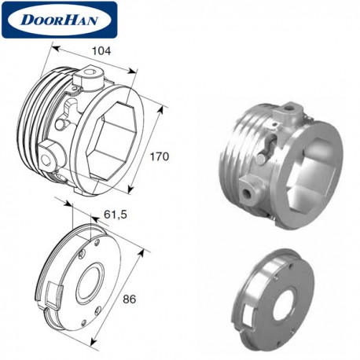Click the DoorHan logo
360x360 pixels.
[x=59, y=20]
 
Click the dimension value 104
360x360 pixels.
[x=101, y=51]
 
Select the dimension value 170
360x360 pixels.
[x=160, y=156]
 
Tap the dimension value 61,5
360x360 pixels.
[x=116, y=215]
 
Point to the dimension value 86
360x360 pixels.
[x=130, y=299]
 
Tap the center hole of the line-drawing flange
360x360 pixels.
[x=90, y=284]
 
